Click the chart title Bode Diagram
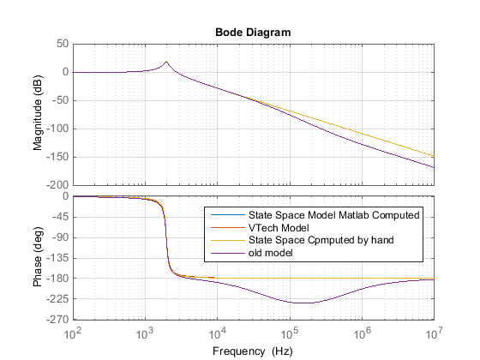253,32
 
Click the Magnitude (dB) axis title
38,114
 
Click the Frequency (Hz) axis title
253,351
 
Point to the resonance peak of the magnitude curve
165,62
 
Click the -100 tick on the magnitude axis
57,129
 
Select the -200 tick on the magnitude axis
57,185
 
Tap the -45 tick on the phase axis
59,217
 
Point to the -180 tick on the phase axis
57,279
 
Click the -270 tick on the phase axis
57,320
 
